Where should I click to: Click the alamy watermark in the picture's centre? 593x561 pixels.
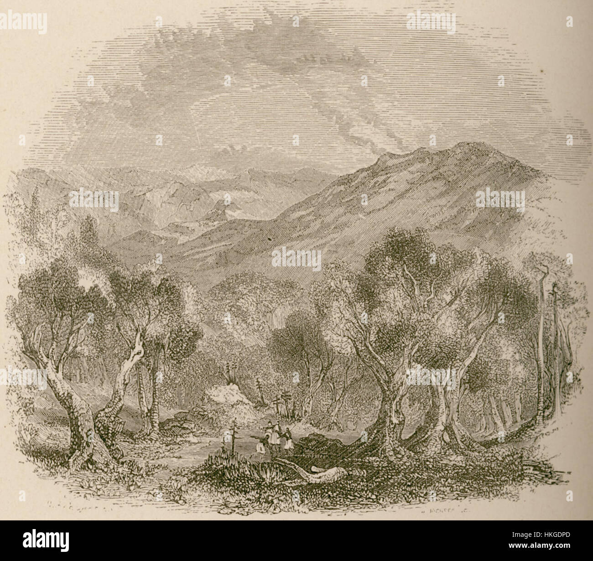click(296, 257)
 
